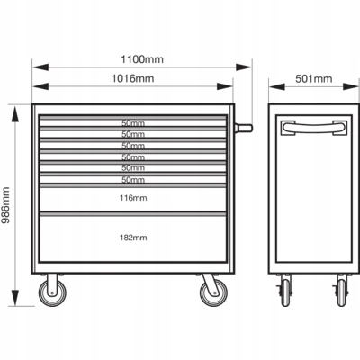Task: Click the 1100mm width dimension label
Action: (x=142, y=59)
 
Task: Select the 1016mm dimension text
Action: (x=133, y=78)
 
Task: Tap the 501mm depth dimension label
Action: (x=314, y=79)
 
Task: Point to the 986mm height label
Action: (x=5, y=205)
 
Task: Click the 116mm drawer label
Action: (x=133, y=198)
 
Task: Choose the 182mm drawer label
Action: (x=133, y=238)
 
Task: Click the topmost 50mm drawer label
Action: (x=133, y=123)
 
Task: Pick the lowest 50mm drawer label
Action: (x=133, y=180)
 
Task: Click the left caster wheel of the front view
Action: (x=52, y=292)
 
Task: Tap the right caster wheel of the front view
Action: (x=213, y=292)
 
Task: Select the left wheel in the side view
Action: (x=285, y=292)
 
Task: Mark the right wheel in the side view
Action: (x=341, y=292)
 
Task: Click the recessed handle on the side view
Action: (x=314, y=127)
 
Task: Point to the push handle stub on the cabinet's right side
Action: (x=244, y=128)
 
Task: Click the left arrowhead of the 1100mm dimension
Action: (x=40, y=67)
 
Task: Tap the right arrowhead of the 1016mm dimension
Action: (x=225, y=86)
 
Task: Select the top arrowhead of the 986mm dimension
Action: (x=15, y=114)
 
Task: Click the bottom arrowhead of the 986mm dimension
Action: (x=15, y=298)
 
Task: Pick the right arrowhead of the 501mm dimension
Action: (x=351, y=86)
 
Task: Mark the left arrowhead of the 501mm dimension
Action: (x=277, y=86)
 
